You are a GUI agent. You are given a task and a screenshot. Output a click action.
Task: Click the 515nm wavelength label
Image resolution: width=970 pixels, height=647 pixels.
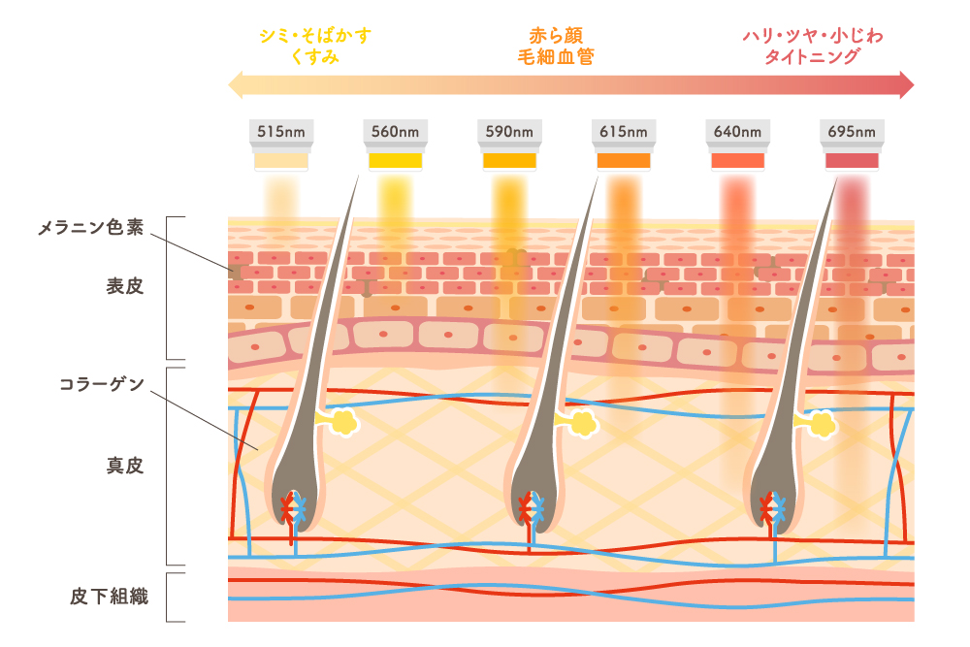[x=281, y=132]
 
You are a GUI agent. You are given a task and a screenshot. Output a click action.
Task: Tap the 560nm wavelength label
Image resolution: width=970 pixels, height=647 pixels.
[x=396, y=132]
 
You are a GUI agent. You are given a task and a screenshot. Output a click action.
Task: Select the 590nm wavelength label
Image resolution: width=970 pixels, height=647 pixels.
[x=509, y=132]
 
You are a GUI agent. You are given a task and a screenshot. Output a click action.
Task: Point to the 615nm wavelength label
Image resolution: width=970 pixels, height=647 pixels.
[x=624, y=132]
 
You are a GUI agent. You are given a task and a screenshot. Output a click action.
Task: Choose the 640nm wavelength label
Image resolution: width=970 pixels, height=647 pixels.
[x=737, y=132]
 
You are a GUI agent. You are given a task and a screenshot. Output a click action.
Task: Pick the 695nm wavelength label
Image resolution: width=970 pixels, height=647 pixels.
[x=852, y=132]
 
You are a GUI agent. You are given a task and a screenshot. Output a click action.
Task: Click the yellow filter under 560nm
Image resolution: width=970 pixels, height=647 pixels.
[x=396, y=161]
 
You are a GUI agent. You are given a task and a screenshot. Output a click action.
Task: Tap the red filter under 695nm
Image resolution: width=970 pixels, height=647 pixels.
[x=852, y=161]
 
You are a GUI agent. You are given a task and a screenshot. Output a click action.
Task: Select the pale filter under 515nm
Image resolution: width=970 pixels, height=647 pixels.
[x=281, y=161]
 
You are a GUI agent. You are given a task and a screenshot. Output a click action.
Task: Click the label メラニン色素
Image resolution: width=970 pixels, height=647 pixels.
[x=91, y=228]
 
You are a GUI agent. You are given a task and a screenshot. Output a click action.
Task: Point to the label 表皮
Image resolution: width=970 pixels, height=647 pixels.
[x=125, y=286]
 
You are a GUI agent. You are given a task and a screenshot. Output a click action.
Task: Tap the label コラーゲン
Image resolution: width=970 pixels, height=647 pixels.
[x=102, y=384]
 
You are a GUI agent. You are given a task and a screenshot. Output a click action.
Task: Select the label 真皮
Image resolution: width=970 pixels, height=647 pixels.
[x=125, y=466]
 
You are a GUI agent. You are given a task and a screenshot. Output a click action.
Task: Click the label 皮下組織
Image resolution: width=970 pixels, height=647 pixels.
[x=110, y=597]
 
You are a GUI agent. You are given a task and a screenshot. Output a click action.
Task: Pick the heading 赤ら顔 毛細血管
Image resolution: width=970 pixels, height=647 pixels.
[x=556, y=46]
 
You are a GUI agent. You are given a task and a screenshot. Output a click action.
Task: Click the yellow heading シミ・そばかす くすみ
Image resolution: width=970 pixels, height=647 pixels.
[x=315, y=46]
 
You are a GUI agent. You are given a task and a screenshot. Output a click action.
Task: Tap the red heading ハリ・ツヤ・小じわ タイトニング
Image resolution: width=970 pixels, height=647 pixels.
[x=813, y=46]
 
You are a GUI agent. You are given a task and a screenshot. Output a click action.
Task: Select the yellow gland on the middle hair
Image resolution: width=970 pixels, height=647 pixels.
[x=581, y=424]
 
